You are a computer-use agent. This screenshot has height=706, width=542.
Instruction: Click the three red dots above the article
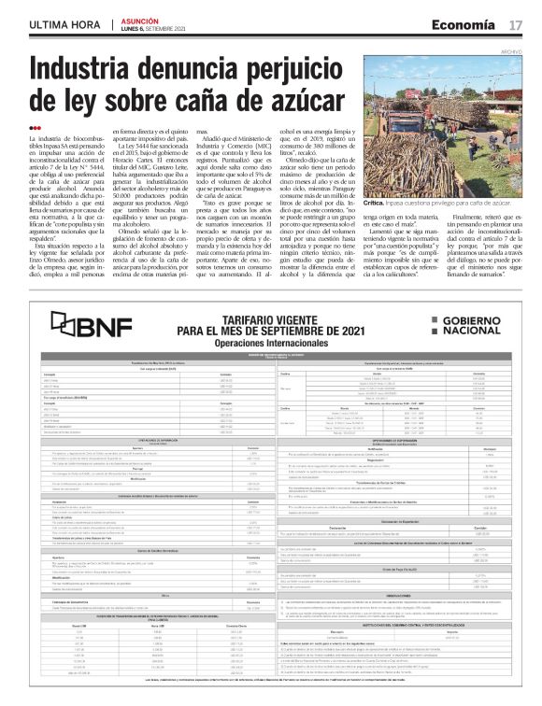tap(35, 127)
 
